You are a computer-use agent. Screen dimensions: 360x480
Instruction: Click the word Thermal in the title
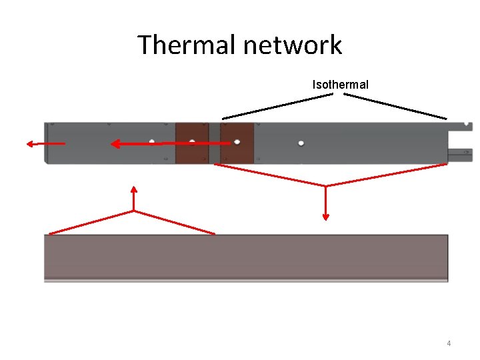coord(187,45)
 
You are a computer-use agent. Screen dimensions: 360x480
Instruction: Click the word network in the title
coord(293,45)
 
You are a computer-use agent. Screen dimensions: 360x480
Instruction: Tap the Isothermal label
coord(340,85)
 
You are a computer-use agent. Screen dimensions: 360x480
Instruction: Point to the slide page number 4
coord(449,343)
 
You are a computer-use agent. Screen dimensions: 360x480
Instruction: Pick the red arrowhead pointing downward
coord(326,215)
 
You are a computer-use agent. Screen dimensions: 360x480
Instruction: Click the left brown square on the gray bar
coord(192,143)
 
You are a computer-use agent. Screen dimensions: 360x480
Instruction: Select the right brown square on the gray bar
coord(237,143)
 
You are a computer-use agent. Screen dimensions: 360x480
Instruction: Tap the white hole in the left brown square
coord(192,142)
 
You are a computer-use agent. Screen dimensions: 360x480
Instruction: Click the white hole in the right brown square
coord(237,142)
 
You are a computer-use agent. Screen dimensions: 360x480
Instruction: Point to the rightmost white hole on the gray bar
coord(301,143)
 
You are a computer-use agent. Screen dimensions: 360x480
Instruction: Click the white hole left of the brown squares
coord(152,141)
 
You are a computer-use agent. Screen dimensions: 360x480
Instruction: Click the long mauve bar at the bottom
coord(246,256)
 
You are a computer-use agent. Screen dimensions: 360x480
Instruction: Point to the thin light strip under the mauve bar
coord(246,280)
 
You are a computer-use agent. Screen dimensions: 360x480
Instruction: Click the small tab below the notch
coord(461,155)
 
